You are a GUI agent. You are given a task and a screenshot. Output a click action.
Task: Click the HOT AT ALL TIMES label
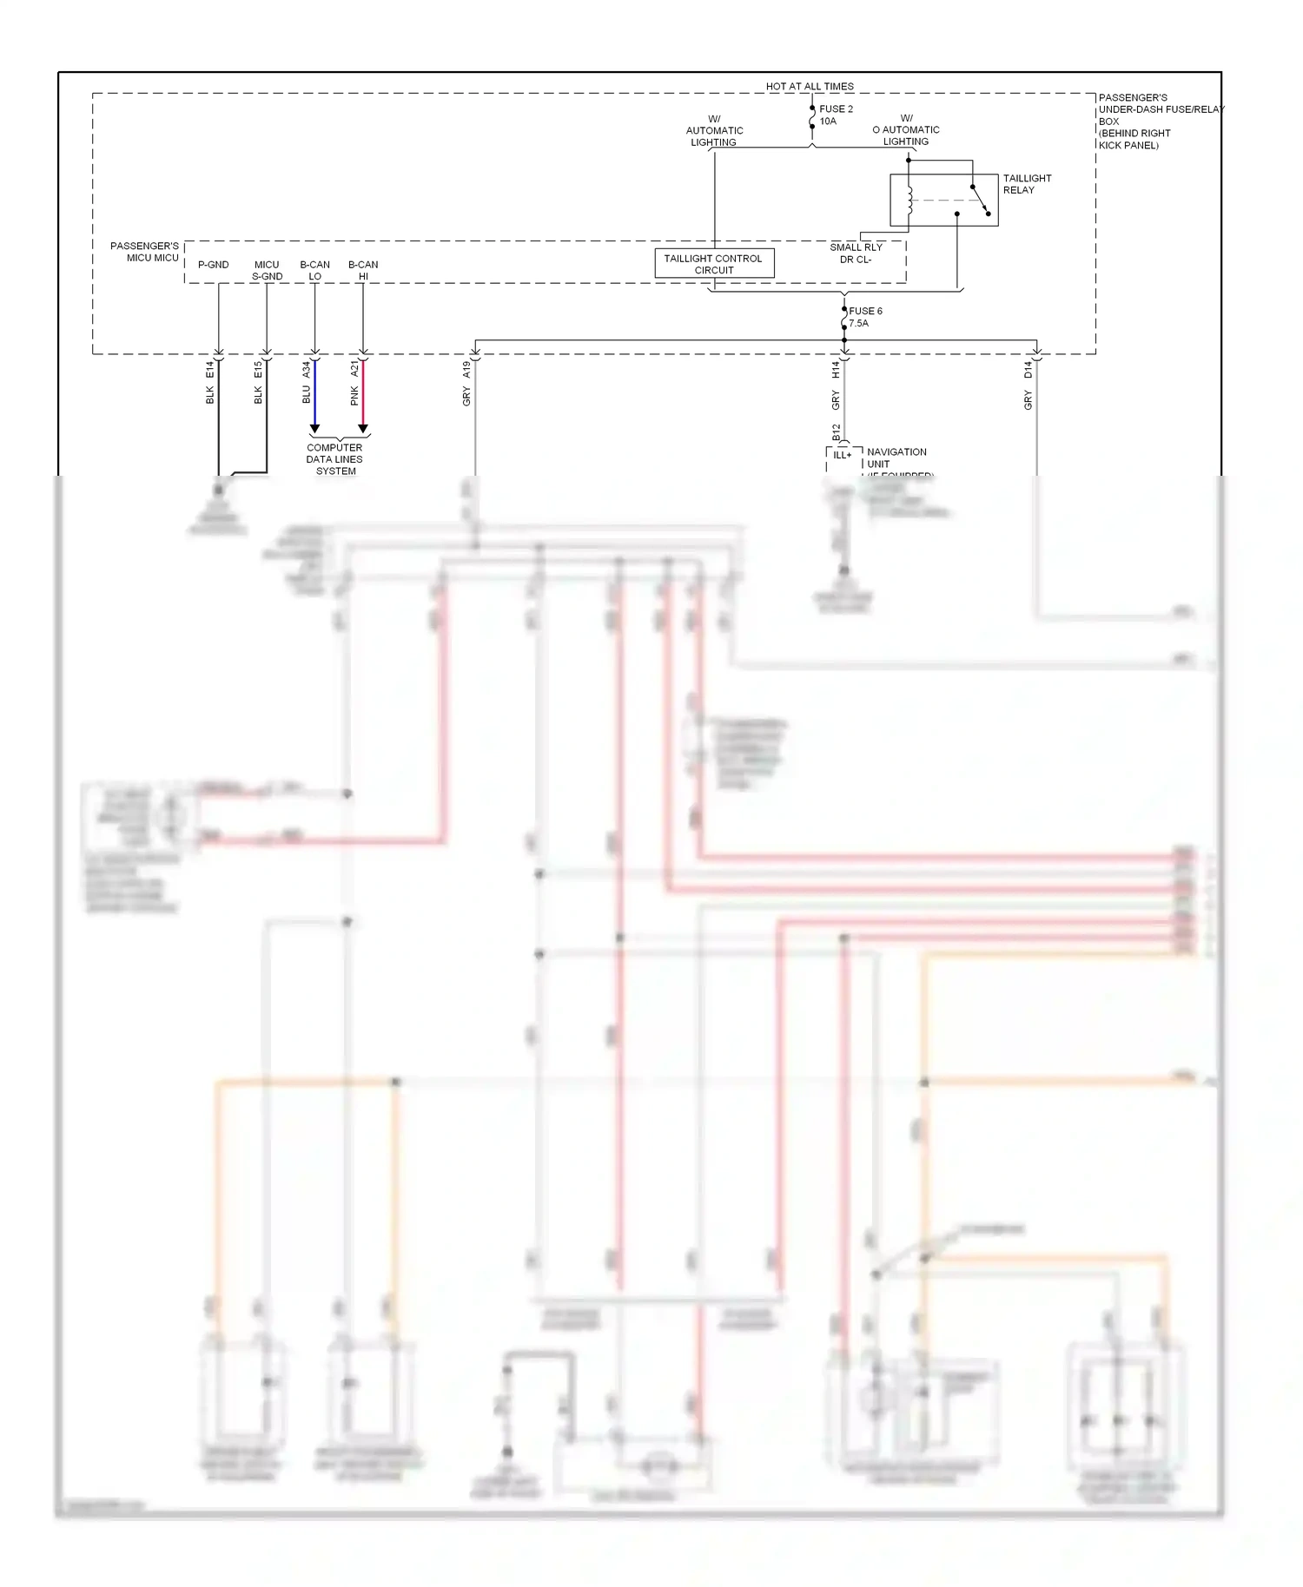[809, 86]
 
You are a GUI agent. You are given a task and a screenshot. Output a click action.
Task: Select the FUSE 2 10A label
[835, 115]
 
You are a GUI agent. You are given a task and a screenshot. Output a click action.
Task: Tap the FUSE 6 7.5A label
[864, 317]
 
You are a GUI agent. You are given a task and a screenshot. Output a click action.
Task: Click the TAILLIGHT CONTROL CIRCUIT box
[713, 264]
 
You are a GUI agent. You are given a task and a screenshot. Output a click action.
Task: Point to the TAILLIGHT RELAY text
[1027, 184]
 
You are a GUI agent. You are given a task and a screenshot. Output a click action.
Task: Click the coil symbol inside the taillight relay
[909, 201]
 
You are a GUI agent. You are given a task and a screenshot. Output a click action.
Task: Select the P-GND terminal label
[213, 265]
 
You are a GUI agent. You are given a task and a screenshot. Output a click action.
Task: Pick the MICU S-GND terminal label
[267, 270]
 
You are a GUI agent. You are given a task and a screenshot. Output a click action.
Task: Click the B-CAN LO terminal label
[314, 270]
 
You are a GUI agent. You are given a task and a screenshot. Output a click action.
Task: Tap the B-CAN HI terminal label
[363, 270]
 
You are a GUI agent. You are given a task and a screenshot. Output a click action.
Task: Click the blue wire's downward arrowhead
[314, 429]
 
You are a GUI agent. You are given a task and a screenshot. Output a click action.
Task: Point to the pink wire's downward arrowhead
[363, 429]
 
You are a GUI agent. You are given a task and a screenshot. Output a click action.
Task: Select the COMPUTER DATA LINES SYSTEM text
[334, 459]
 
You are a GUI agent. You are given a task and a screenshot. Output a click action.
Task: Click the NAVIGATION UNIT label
[896, 458]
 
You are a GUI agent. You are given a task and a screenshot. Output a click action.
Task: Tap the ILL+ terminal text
[842, 455]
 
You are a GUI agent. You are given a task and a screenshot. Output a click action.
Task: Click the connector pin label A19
[466, 369]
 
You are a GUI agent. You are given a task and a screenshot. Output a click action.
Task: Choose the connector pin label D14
[1028, 369]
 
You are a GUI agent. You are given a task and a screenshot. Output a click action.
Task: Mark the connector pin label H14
[836, 369]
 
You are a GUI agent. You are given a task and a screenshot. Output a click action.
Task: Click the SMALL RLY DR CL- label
[856, 253]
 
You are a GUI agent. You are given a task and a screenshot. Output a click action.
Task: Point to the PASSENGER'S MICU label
[145, 252]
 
